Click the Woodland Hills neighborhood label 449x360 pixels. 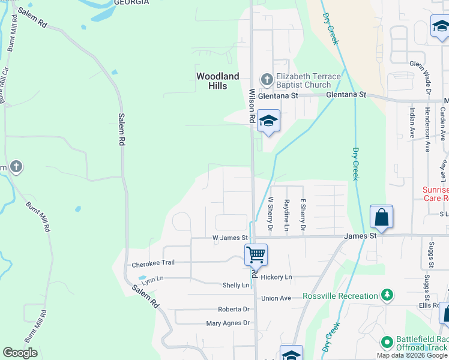pos(217,81)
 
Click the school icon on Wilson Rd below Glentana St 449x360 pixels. pos(268,121)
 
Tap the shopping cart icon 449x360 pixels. pos(256,254)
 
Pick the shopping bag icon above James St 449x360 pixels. pos(382,217)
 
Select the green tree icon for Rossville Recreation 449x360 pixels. pos(388,295)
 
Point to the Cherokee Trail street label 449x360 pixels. pos(152,263)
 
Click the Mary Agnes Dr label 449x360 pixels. pos(228,323)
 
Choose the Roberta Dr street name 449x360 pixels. pos(234,309)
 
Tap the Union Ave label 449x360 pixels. pos(276,298)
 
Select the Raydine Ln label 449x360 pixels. pos(287,215)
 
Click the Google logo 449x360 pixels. pos(20,353)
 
